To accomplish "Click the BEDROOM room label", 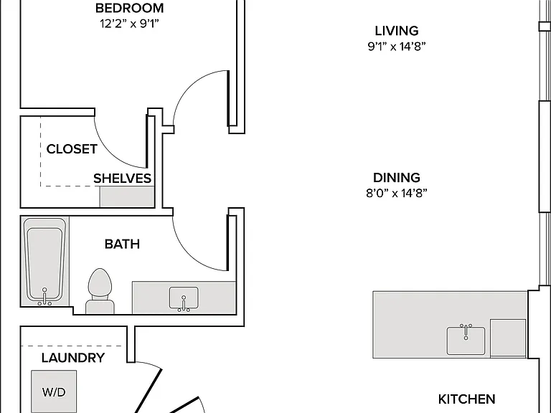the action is [x=129, y=8].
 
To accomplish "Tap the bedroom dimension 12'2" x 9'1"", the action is [x=129, y=24].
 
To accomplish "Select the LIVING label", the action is [x=396, y=31].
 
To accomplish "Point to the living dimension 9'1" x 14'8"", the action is [x=396, y=47].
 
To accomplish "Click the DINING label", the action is [x=396, y=178].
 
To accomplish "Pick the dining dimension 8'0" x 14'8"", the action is [x=396, y=193].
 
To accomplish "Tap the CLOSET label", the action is [x=72, y=149].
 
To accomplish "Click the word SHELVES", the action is [x=122, y=179].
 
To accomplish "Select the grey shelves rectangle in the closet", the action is [x=127, y=196].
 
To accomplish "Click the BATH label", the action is [x=122, y=244].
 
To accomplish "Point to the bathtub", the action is [x=44, y=261].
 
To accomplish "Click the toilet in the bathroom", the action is [x=100, y=291].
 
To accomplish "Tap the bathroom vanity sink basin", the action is [x=184, y=298].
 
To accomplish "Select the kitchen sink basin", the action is [x=466, y=341].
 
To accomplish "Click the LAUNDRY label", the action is [x=73, y=358].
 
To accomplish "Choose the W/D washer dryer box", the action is [x=54, y=391].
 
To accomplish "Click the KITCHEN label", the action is [x=466, y=399].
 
